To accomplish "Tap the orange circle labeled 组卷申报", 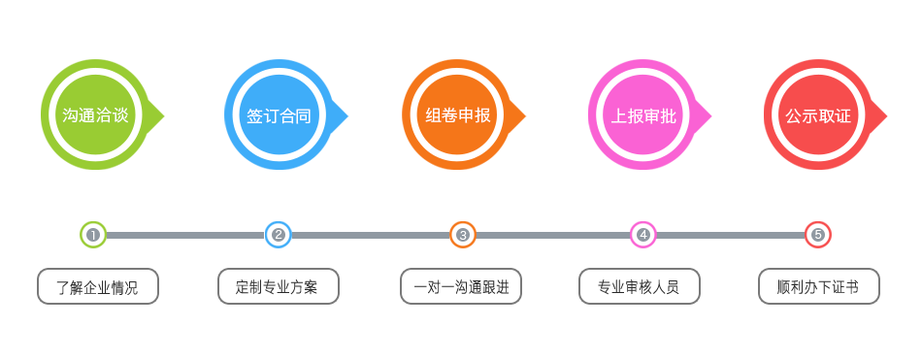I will [x=458, y=115].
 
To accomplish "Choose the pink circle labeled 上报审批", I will [x=643, y=115].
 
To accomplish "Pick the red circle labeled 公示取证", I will [x=818, y=115].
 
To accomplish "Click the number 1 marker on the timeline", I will [x=93, y=234].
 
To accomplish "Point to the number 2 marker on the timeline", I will [x=279, y=234].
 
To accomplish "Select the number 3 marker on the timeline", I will [x=463, y=234].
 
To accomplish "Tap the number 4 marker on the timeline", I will [x=642, y=234].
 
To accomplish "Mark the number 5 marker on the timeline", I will [x=819, y=234].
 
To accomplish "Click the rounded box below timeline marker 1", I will [x=97, y=287].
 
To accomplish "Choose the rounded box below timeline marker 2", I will [x=279, y=287].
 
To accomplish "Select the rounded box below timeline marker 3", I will [x=461, y=287].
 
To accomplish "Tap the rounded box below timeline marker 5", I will [x=819, y=287].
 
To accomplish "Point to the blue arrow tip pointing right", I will [x=344, y=115].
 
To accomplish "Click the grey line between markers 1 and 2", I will [x=184, y=234].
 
